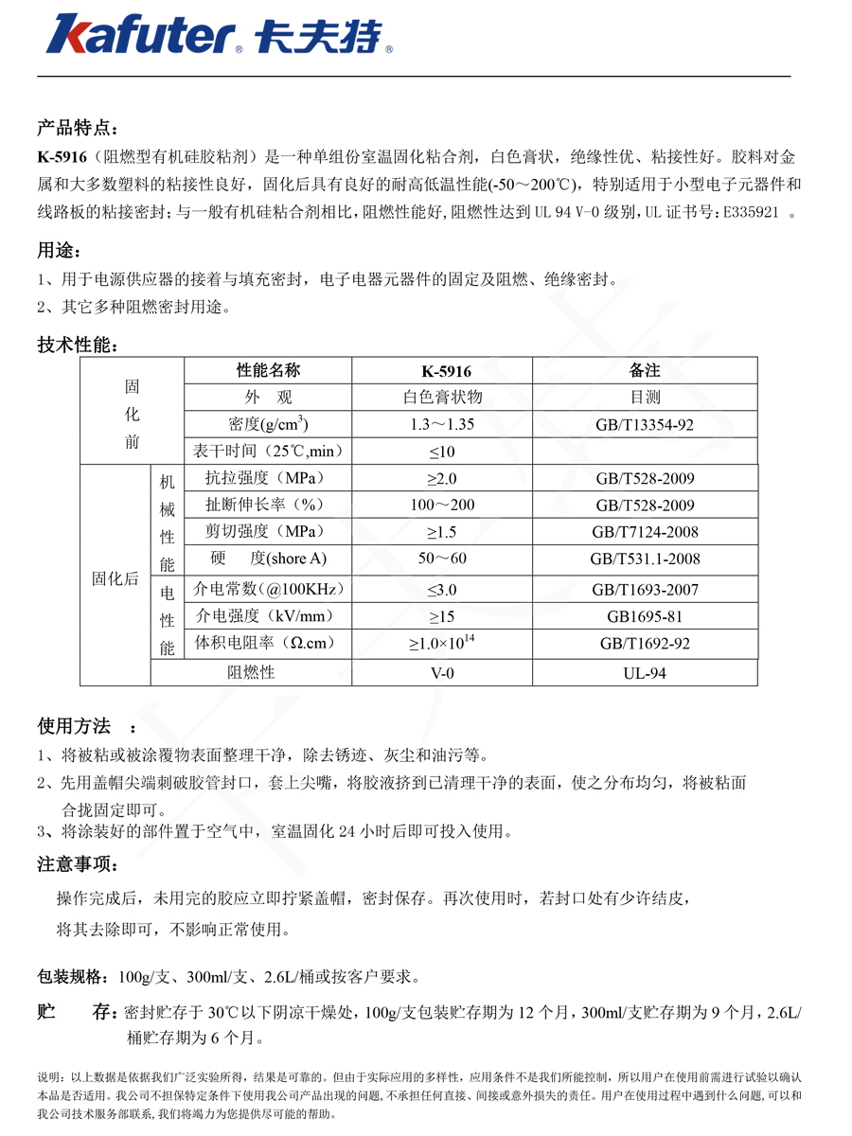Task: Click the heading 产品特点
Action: coord(78,127)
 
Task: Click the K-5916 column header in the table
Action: coord(441,370)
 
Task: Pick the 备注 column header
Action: coord(644,370)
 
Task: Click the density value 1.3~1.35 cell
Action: coord(441,425)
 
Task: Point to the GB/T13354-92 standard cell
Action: coord(644,425)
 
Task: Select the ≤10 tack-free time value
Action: coord(441,451)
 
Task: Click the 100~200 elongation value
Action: coord(442,505)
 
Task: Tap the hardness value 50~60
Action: coord(442,559)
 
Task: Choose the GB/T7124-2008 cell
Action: coord(644,532)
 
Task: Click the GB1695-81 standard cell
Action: coord(644,616)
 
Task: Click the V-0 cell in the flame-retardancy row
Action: coord(441,672)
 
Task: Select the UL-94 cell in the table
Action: coord(644,672)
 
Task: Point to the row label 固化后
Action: coord(115,579)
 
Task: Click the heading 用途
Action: coord(59,251)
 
